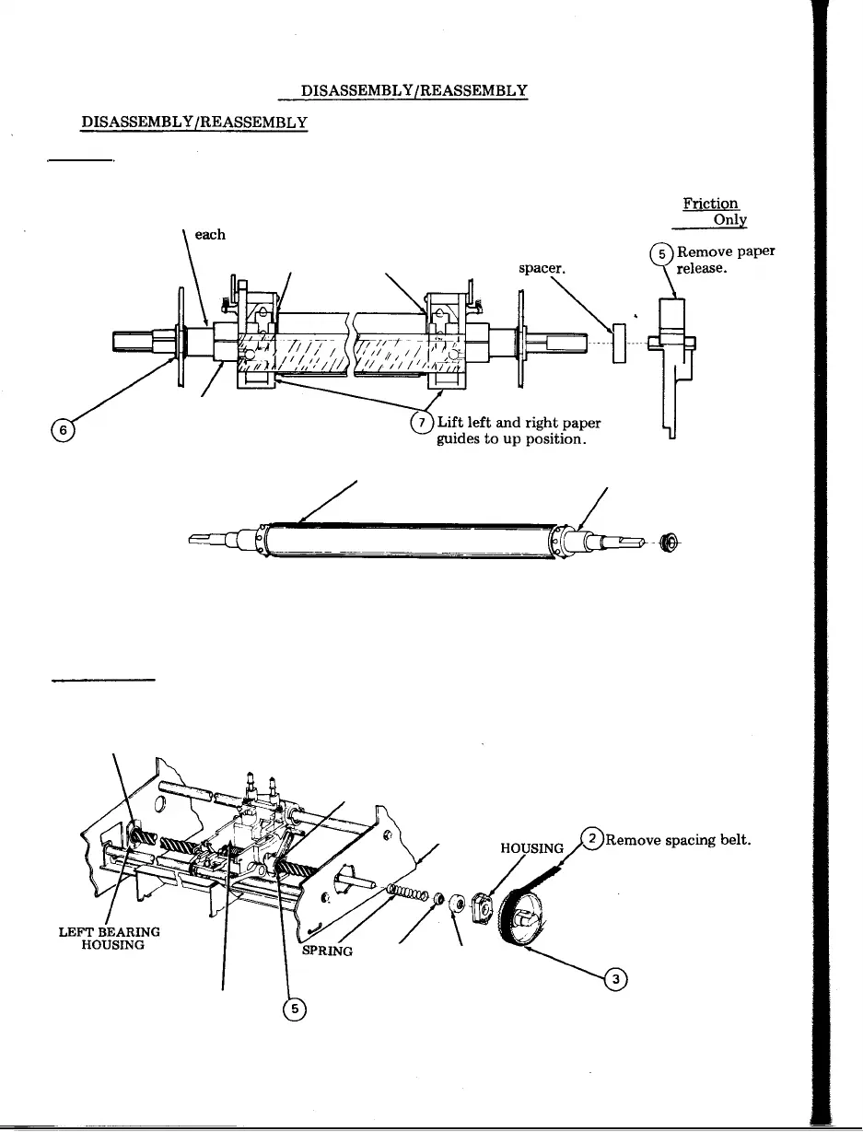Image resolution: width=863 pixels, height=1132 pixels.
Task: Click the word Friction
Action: pyautogui.click(x=710, y=204)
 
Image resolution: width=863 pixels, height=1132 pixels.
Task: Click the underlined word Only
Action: pyautogui.click(x=729, y=221)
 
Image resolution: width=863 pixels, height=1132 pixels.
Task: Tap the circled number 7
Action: pyautogui.click(x=423, y=423)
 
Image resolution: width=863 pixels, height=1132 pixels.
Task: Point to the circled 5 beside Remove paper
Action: pyautogui.click(x=660, y=253)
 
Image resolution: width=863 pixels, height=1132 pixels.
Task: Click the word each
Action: pyautogui.click(x=210, y=235)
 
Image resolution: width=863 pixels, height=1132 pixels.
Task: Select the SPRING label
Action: pyautogui.click(x=327, y=950)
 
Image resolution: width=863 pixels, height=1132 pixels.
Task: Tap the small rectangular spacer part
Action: pyautogui.click(x=619, y=343)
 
